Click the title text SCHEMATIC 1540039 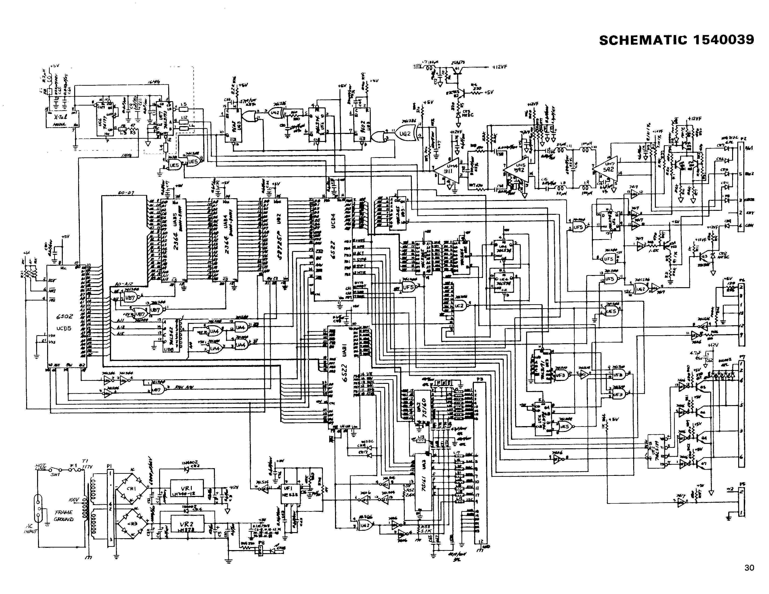676,40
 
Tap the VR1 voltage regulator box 187,488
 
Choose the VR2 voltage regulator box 187,525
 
